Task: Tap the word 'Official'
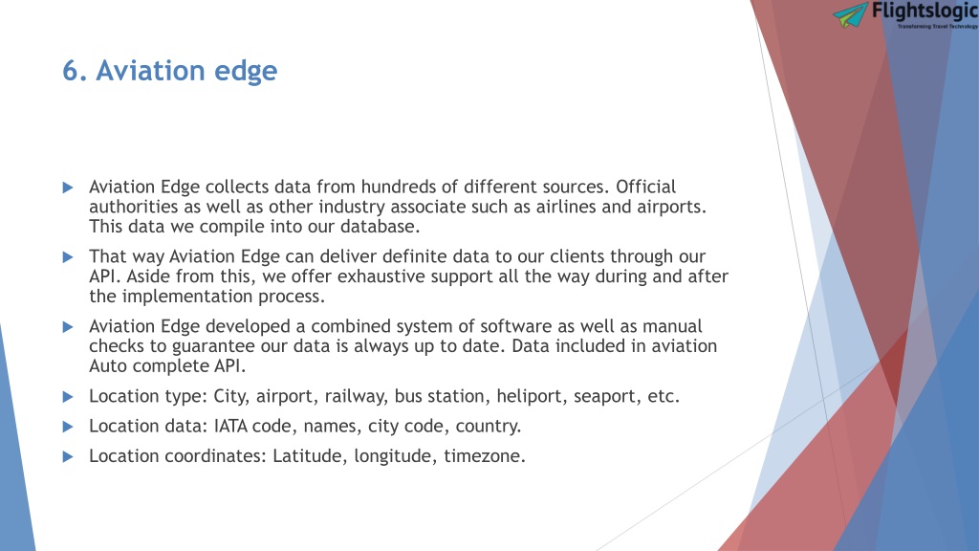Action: tap(645, 187)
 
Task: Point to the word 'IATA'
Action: tap(231, 427)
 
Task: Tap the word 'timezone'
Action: tap(482, 456)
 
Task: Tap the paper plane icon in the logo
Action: tap(850, 14)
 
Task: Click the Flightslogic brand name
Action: tap(925, 11)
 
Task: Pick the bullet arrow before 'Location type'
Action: tap(68, 397)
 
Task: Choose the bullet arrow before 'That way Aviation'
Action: tap(68, 256)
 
